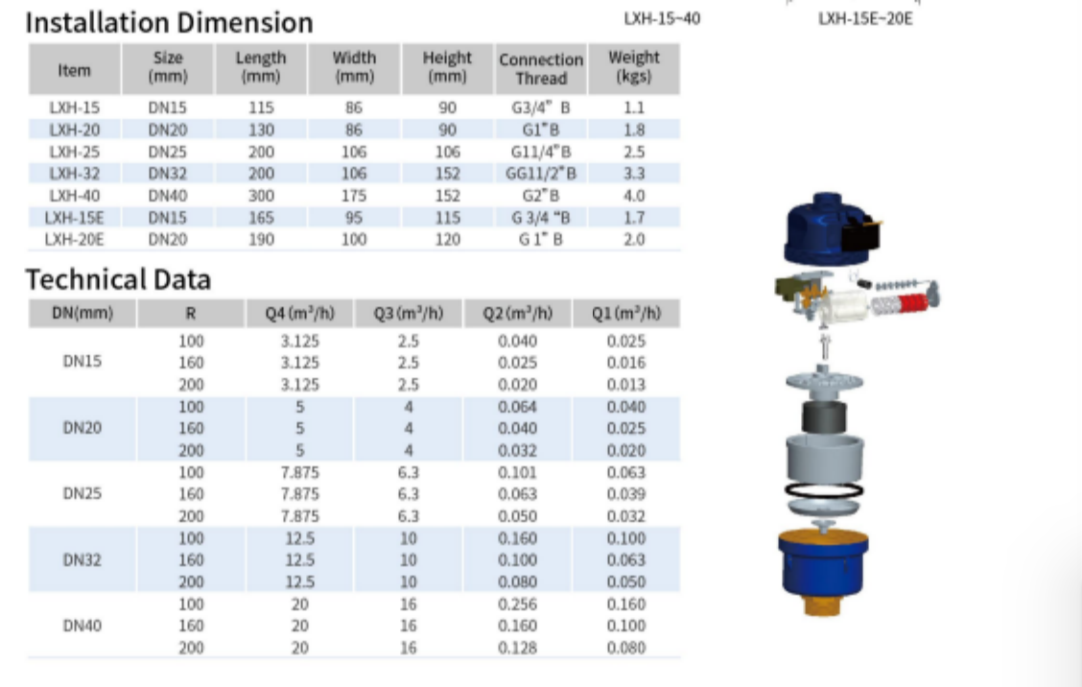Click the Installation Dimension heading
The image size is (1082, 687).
tap(169, 23)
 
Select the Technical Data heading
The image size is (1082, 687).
tap(118, 279)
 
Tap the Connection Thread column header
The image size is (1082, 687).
tap(541, 69)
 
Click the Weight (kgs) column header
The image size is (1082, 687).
tap(633, 66)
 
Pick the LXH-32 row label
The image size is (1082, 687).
tap(75, 174)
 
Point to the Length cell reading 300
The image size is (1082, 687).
tap(261, 196)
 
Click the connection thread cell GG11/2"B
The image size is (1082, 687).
tap(541, 174)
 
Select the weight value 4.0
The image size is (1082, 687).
tap(633, 196)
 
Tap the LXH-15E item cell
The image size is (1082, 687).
tap(75, 218)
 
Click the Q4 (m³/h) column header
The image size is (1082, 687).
tap(299, 314)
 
